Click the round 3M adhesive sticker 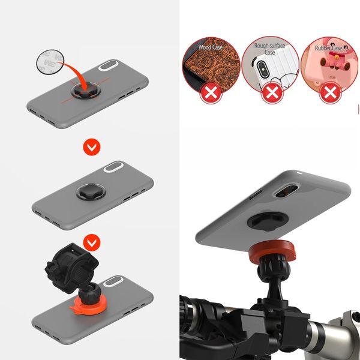pyautogui.click(x=50, y=62)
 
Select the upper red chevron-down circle pyautogui.click(x=92, y=147)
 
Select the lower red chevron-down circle pyautogui.click(x=92, y=242)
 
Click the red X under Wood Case pyautogui.click(x=211, y=93)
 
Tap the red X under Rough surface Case pyautogui.click(x=272, y=93)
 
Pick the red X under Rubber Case pyautogui.click(x=331, y=93)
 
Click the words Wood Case pyautogui.click(x=211, y=47)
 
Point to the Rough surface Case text pyautogui.click(x=269, y=49)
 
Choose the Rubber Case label pyautogui.click(x=329, y=48)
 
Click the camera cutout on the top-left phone pyautogui.click(x=108, y=65)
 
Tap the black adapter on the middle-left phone pyautogui.click(x=91, y=191)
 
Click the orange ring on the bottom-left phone pyautogui.click(x=88, y=305)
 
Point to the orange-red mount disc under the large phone pyautogui.click(x=272, y=250)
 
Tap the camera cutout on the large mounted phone pyautogui.click(x=286, y=190)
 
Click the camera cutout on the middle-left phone pyautogui.click(x=113, y=167)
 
